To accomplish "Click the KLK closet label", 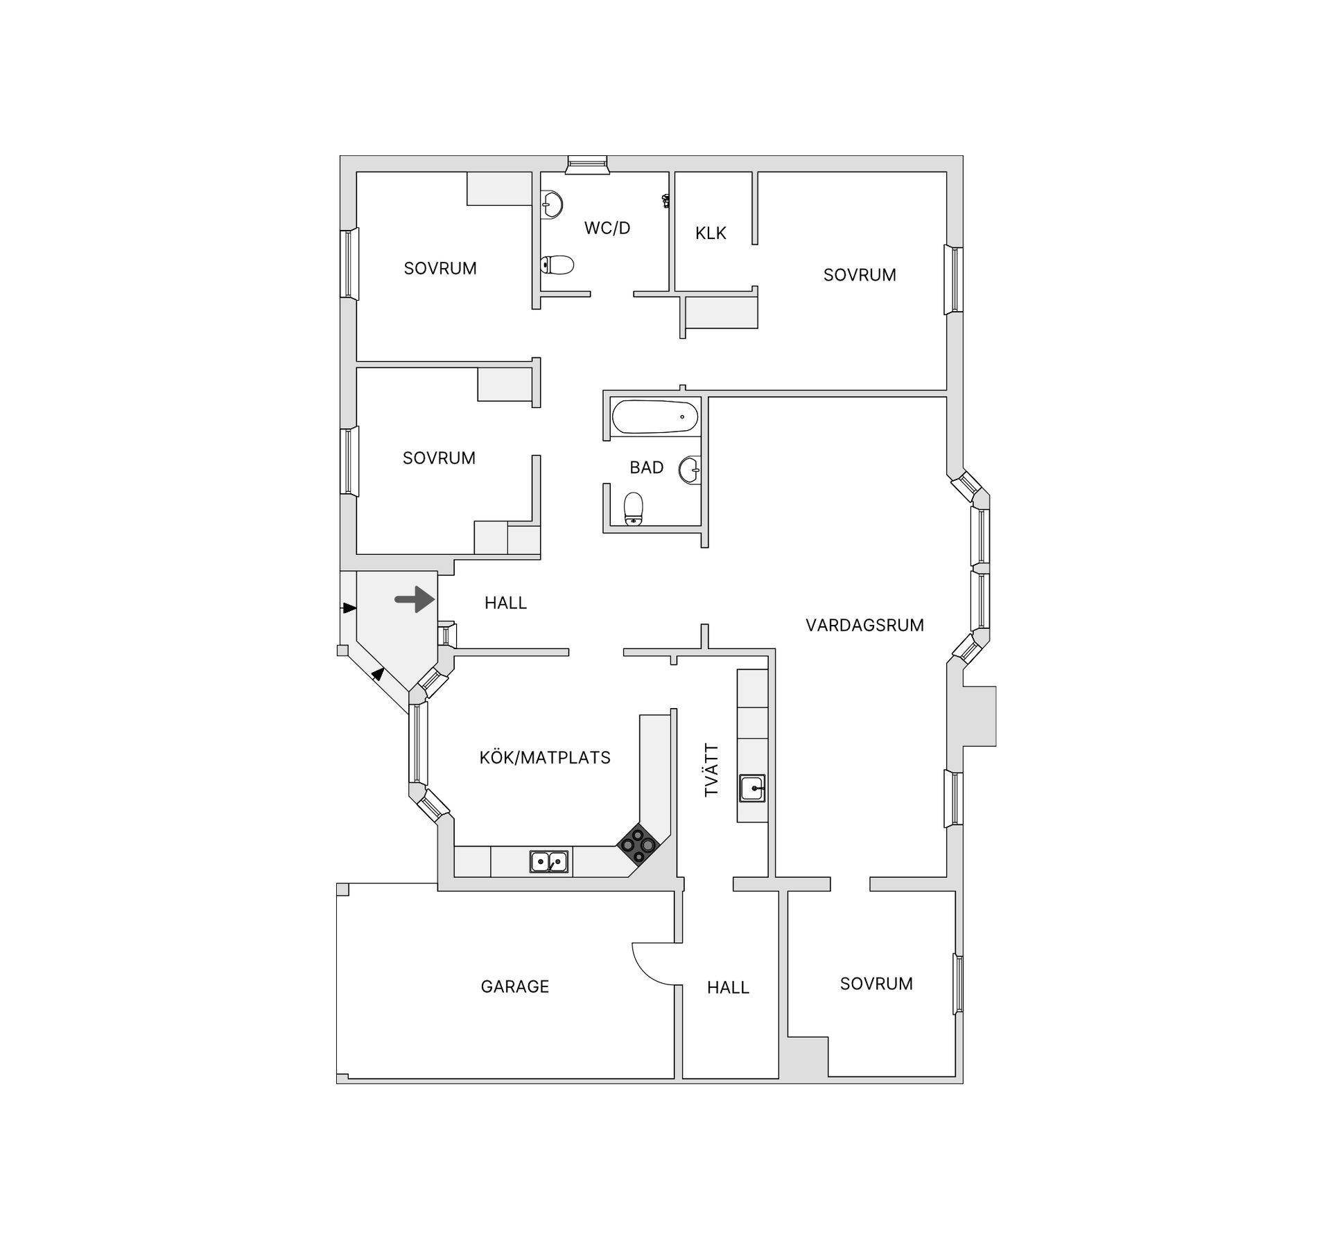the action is [x=711, y=233].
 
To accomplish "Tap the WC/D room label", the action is [x=607, y=228].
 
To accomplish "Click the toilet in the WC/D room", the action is [x=557, y=265].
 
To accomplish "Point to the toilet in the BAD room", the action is [x=634, y=509].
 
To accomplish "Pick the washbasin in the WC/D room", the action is [x=552, y=205].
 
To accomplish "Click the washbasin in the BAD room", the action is [x=690, y=470].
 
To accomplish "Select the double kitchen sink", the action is [x=549, y=862].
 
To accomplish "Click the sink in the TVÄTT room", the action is [x=752, y=788].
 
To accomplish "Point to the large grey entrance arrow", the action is [x=415, y=599].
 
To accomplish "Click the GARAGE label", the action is [x=515, y=987].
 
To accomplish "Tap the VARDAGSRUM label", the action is [x=864, y=626].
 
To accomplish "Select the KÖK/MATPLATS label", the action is [x=545, y=758].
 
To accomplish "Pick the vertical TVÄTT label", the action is [x=712, y=770].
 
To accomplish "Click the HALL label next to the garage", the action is [x=728, y=988].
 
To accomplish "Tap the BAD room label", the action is [x=647, y=468].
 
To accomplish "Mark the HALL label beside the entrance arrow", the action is [x=505, y=603].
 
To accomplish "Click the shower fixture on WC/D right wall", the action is [x=666, y=201].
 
